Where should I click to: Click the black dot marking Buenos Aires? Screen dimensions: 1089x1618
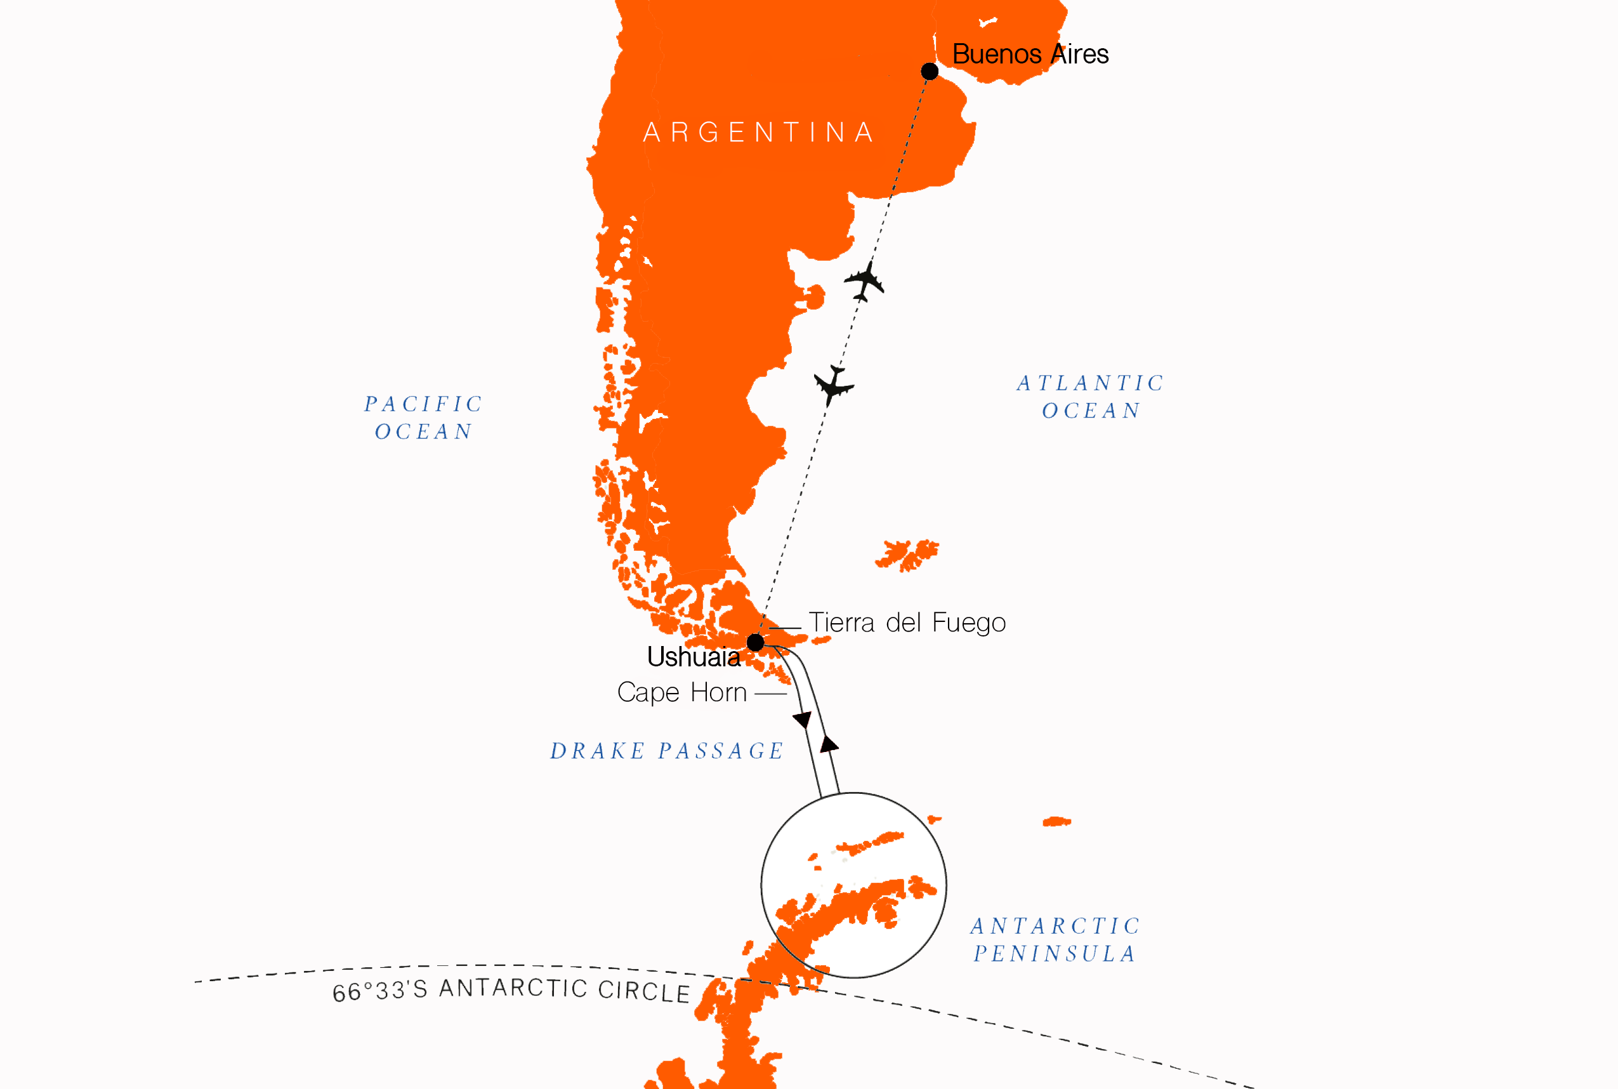point(929,71)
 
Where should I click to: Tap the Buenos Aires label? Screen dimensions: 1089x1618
point(1030,54)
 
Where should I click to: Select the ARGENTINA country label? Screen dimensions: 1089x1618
point(758,132)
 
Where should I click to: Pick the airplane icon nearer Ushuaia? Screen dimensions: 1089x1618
point(833,385)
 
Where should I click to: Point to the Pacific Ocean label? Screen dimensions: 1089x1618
point(424,418)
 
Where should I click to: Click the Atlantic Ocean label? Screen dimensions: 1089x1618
point(1091,397)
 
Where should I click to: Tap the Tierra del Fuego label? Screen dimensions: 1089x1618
point(907,623)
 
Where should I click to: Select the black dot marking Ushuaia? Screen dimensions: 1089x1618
point(756,642)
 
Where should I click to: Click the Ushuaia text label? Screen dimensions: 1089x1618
point(693,657)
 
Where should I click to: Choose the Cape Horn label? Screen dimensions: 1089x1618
point(682,692)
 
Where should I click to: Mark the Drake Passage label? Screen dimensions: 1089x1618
point(667,751)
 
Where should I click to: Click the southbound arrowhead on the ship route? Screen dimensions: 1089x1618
point(803,720)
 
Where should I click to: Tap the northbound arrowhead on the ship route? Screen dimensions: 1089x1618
point(829,744)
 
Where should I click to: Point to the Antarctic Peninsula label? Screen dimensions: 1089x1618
point(1055,940)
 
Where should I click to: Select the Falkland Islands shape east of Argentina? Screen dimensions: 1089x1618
point(907,555)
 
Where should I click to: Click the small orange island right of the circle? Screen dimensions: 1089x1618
point(1056,822)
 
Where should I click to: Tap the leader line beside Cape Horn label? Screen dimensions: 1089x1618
point(770,694)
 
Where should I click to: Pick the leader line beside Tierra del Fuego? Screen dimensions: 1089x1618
point(785,628)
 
